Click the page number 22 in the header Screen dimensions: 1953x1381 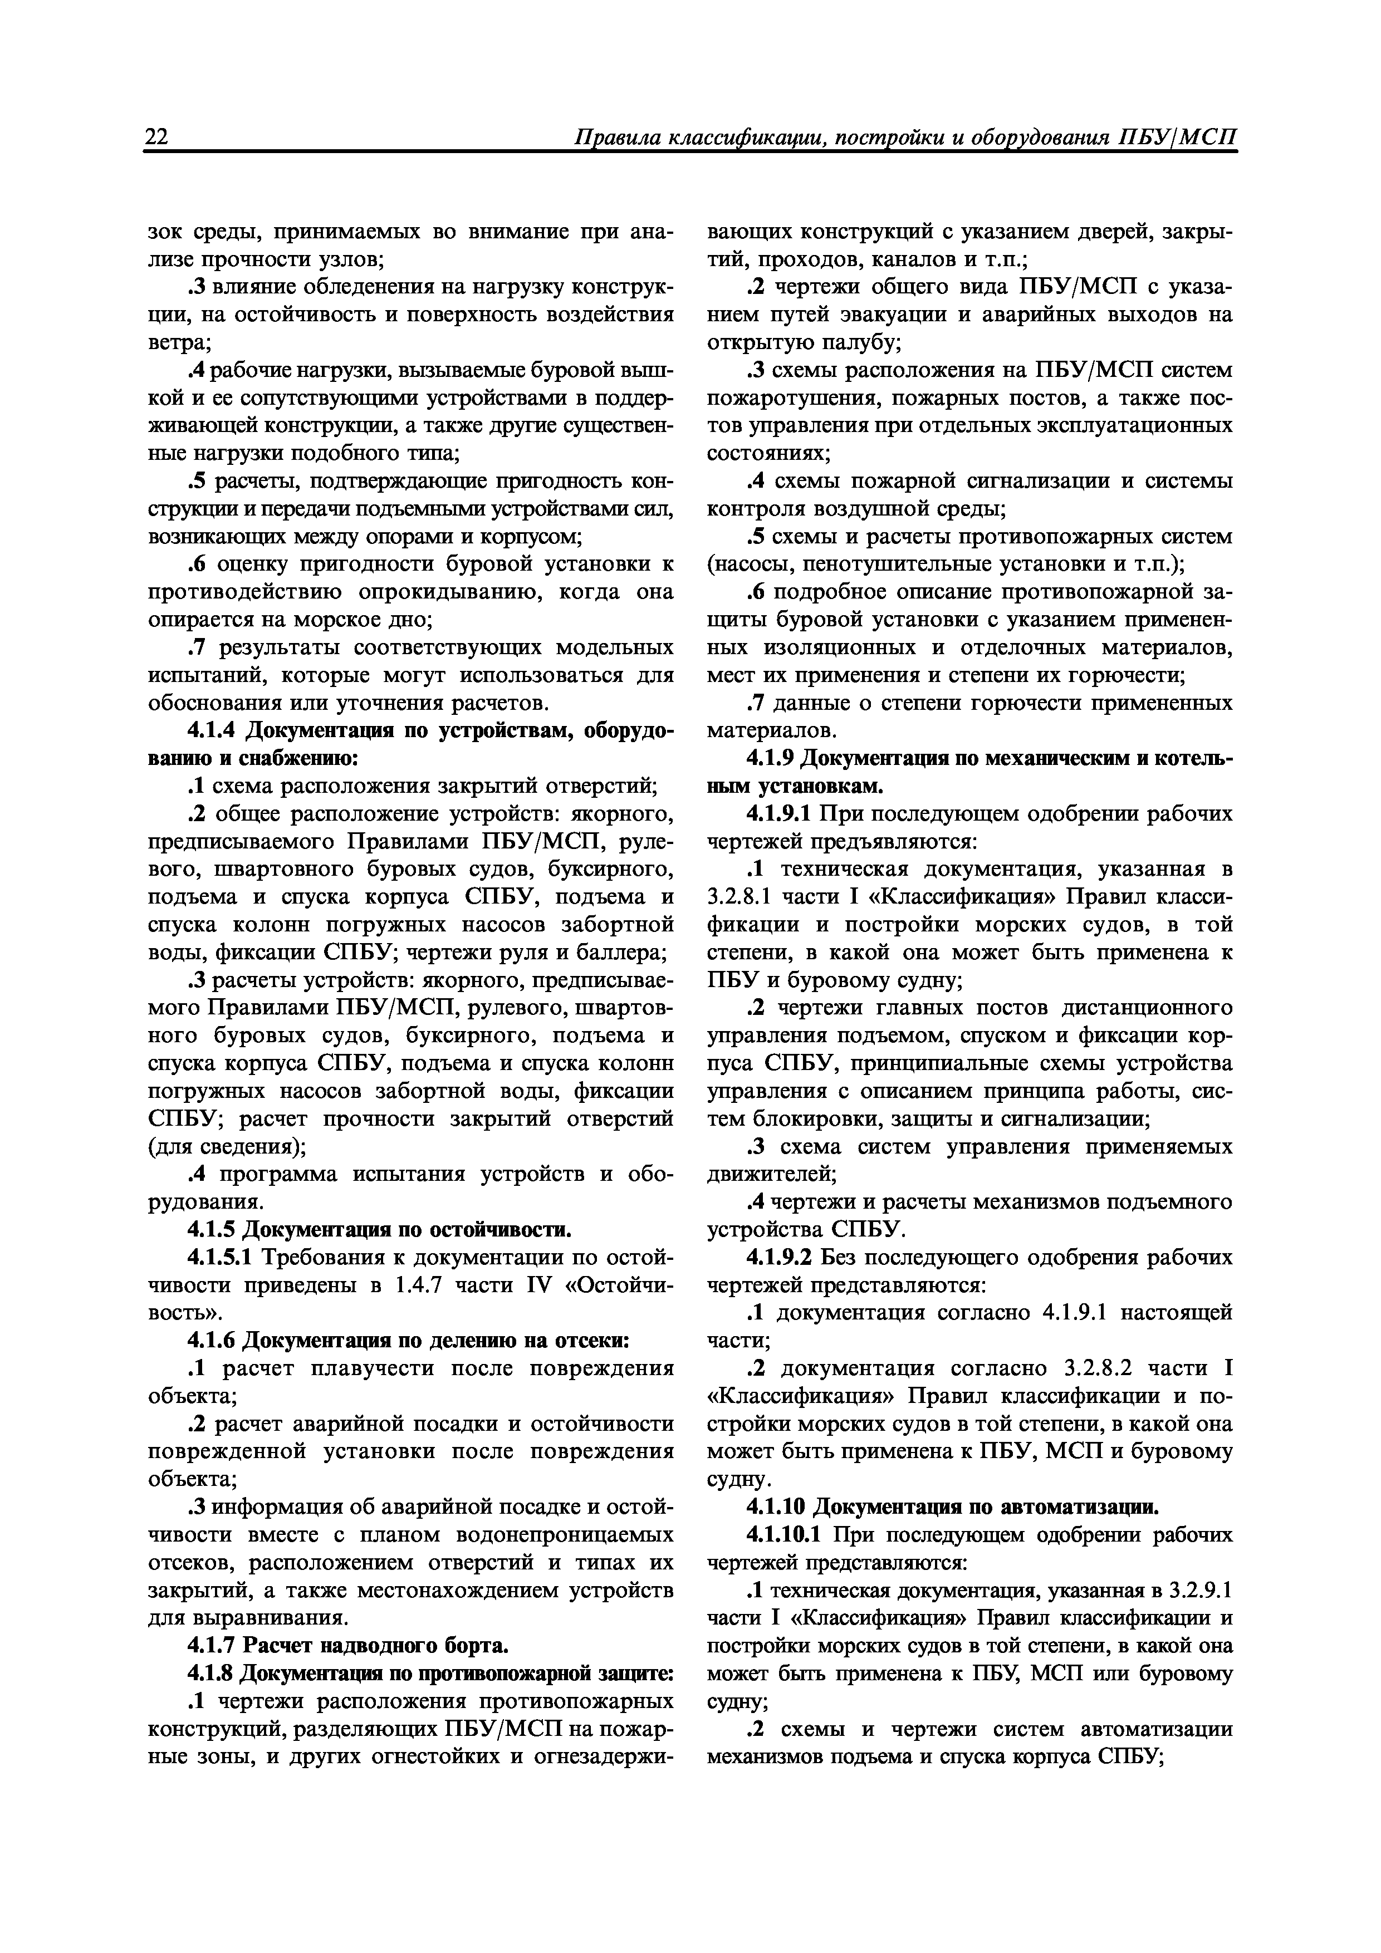tap(158, 138)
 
